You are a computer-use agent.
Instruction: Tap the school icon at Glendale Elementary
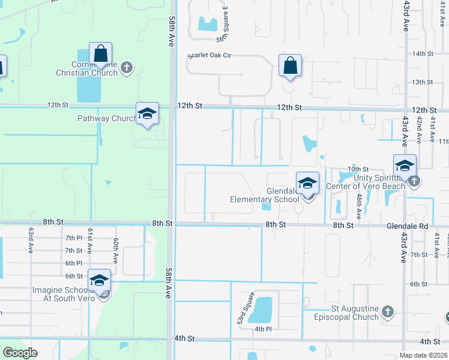point(307,183)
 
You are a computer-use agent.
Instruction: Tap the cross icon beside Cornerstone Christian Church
point(126,67)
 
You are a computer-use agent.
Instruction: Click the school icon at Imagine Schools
point(100,280)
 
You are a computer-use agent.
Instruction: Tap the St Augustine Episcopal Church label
point(342,313)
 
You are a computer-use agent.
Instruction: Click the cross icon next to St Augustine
point(388,311)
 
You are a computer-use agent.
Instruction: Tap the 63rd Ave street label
point(30,240)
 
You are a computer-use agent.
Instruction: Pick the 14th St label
point(423,54)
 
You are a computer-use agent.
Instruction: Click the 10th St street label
point(358,170)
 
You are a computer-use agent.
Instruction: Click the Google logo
point(20,353)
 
